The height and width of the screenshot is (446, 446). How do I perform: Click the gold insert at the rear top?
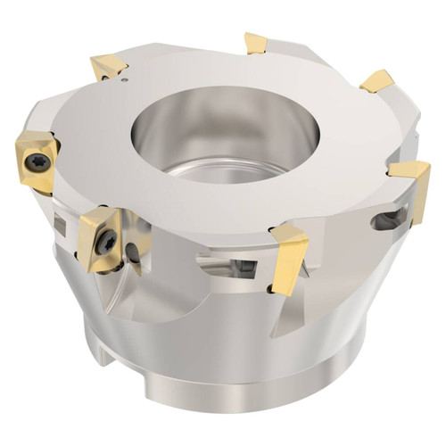257,42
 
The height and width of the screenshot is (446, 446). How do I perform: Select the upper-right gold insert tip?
376,80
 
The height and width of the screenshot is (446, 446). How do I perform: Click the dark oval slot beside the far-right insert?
385,218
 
